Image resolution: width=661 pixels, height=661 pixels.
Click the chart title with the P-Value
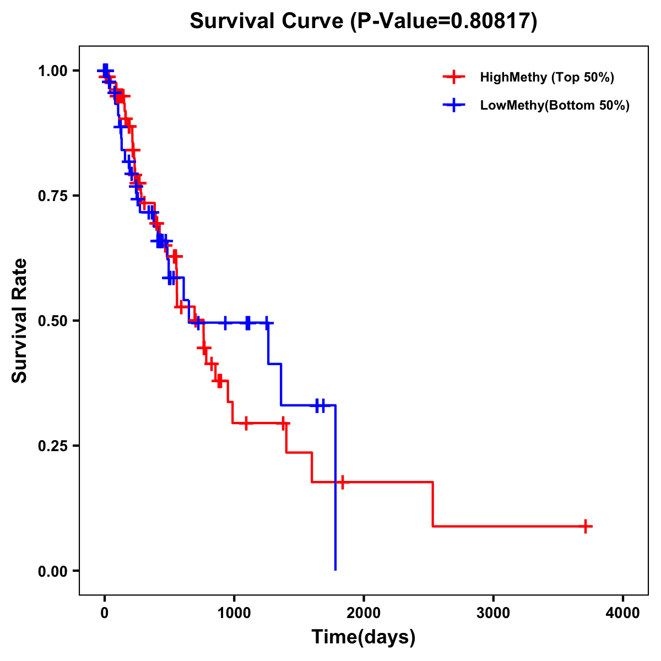(x=364, y=21)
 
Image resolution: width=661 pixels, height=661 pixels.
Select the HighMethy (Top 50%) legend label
(x=546, y=77)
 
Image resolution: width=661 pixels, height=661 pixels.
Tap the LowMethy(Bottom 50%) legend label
(x=554, y=106)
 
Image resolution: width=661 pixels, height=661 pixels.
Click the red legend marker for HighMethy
(x=453, y=77)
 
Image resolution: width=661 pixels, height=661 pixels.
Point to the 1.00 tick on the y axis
(x=52, y=71)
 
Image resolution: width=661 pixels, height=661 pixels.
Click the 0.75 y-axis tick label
(x=52, y=196)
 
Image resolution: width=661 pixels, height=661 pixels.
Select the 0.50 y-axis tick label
(x=52, y=321)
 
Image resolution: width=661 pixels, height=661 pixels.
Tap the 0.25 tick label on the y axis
(x=52, y=446)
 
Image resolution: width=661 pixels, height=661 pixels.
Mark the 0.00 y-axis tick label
(x=52, y=571)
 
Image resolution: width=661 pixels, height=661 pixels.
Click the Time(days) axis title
(x=364, y=637)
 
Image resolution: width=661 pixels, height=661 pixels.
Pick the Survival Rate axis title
(x=20, y=321)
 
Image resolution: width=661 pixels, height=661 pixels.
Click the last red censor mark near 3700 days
(x=586, y=526)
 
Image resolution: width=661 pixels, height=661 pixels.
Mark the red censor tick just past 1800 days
(x=342, y=482)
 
